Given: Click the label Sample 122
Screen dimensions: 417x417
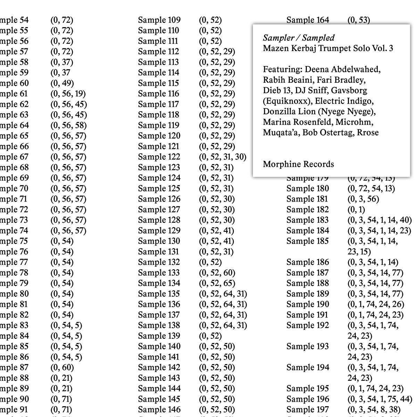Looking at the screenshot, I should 159,157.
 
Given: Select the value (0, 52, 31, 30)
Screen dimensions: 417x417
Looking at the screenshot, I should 222,157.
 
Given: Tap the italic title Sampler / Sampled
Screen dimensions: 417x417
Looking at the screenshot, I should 299,38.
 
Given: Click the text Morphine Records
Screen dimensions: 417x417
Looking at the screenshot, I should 298,164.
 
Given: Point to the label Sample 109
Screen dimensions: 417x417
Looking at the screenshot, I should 159,20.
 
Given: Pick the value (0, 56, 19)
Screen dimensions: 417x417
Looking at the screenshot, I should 68,94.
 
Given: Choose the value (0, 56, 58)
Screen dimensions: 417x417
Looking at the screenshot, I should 68,125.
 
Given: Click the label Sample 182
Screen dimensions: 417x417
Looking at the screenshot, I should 307,210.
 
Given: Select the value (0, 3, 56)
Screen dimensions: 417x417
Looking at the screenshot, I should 363,199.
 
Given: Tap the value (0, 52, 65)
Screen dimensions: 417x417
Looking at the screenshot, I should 217,283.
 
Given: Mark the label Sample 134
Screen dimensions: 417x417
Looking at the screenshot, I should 159,283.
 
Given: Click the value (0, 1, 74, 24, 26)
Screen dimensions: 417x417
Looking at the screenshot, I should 376,304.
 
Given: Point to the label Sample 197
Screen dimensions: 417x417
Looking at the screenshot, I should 307,410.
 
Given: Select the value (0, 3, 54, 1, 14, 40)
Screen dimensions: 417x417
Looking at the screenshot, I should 379,220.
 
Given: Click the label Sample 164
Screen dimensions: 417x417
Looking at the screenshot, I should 308,20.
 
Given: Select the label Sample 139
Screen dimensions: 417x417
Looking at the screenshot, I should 159,336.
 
